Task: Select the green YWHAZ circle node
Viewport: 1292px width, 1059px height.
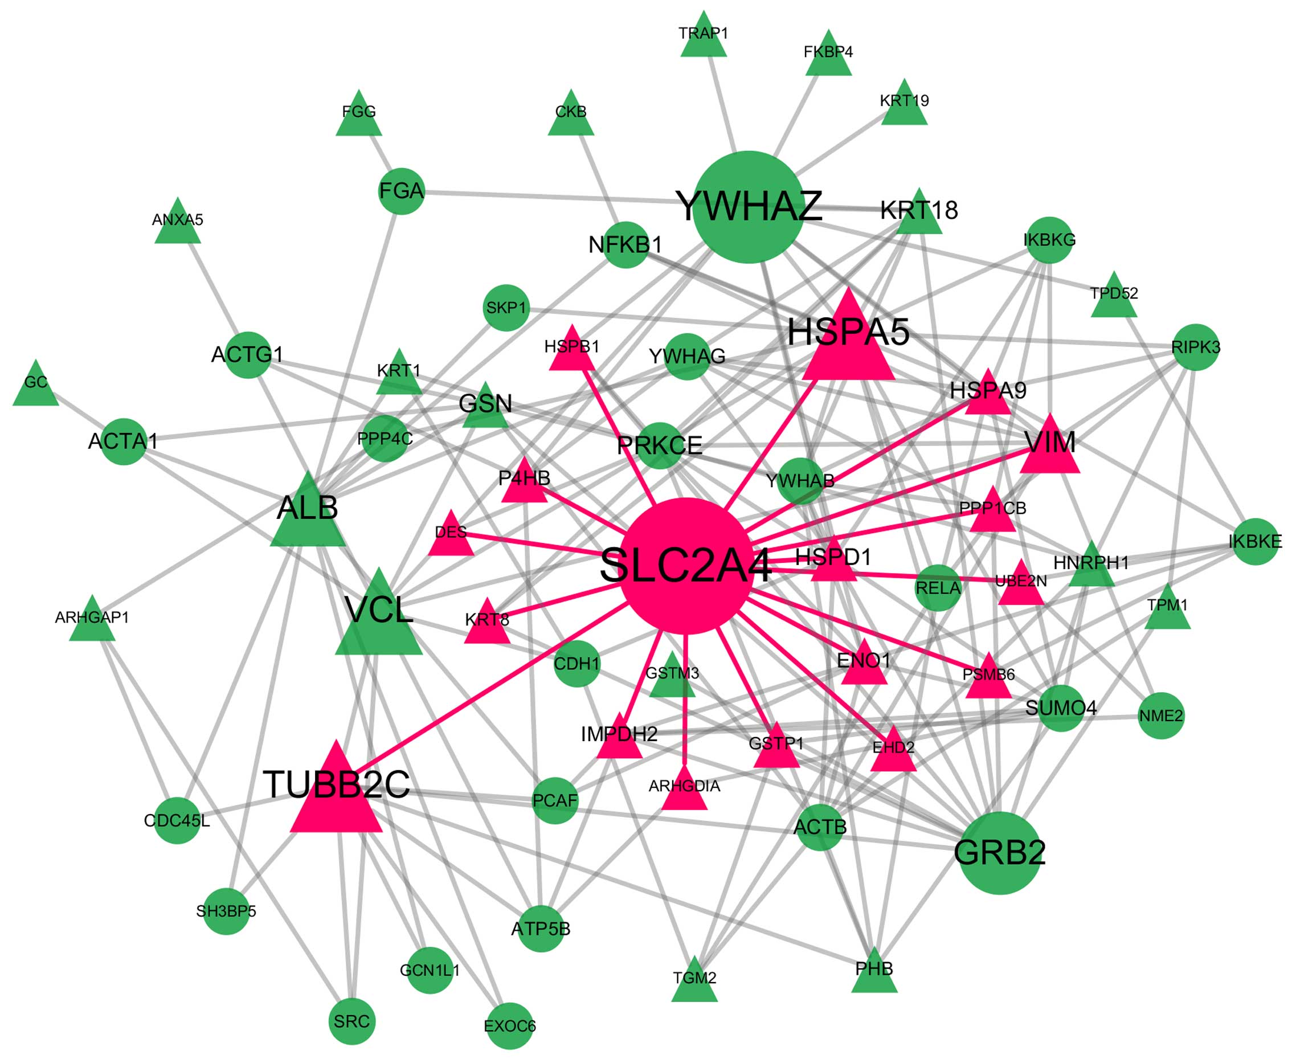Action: point(749,207)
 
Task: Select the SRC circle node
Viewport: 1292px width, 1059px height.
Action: point(351,1021)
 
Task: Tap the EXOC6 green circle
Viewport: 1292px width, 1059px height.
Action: point(510,1026)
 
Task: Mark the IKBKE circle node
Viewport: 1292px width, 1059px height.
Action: point(1255,542)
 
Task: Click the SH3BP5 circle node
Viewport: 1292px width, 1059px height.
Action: point(226,911)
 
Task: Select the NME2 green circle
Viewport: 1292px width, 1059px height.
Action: point(1161,715)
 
